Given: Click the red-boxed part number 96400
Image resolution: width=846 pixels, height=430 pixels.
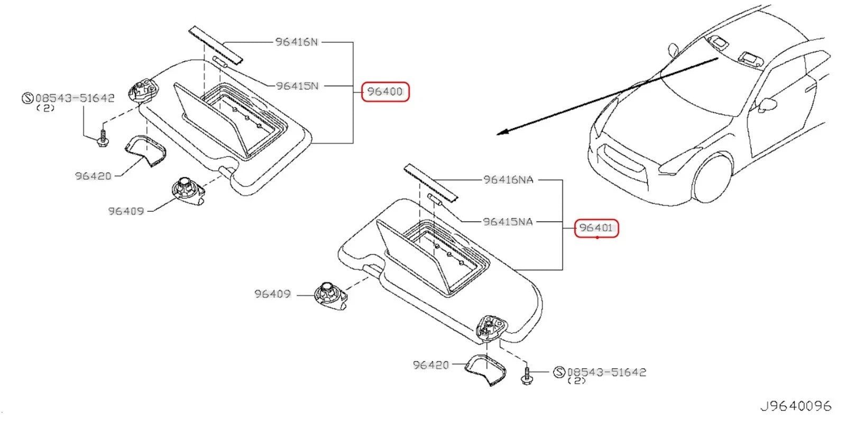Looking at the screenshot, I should pos(385,92).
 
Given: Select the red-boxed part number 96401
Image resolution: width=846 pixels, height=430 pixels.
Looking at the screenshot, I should pos(596,228).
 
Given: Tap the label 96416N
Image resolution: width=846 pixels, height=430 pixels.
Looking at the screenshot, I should pos(297,42).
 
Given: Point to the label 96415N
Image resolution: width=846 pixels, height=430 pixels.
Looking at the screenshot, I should pos(297,86).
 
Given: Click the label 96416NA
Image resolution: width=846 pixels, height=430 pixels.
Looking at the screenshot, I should pos(508,180).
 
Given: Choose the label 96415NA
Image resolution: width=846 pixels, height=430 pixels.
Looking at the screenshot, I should pos(508,222).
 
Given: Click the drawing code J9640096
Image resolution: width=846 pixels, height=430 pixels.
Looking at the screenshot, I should pos(795,406).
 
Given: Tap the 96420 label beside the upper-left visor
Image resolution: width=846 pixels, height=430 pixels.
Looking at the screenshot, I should pos(93,176).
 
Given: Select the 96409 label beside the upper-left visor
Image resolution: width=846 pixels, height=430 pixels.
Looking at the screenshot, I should pos(126,211).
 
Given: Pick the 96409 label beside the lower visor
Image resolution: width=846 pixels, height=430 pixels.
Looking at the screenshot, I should pos(272,294).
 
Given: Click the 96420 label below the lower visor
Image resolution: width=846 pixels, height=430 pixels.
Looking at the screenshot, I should pos(430,365).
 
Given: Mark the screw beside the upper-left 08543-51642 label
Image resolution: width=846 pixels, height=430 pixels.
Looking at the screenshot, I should pos(103,136).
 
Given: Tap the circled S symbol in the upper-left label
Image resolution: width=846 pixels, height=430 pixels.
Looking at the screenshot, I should pos(27,98).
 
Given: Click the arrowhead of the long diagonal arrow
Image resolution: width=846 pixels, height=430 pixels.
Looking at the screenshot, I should pos(500,133).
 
